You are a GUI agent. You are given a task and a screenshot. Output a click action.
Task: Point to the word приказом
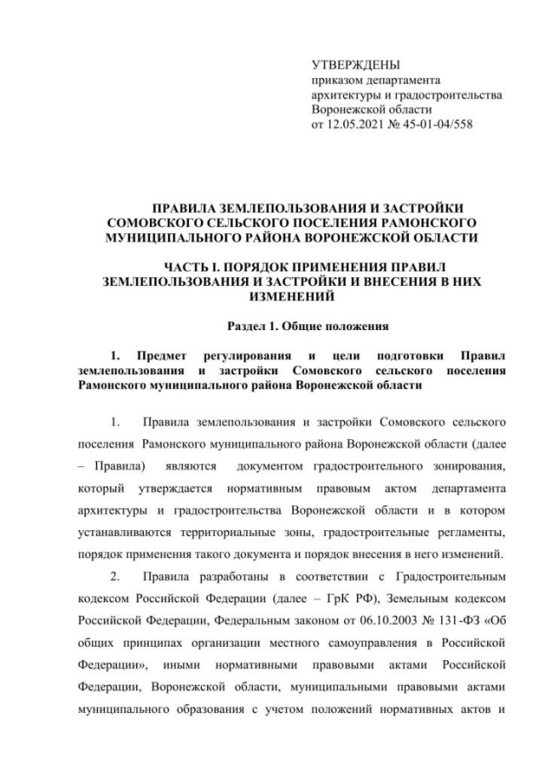[336, 80]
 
